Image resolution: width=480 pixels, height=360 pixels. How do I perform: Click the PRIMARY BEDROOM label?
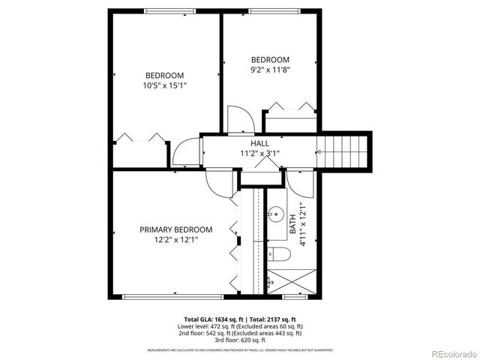point(175,229)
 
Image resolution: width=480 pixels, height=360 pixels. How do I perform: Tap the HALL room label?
point(259,142)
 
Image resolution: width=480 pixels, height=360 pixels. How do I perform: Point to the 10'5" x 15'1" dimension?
point(164,85)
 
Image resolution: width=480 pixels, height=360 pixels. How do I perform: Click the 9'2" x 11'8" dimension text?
point(269,70)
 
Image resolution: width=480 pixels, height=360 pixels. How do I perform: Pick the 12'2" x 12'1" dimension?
point(175,240)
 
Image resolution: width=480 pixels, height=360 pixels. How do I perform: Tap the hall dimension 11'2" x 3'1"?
point(259,153)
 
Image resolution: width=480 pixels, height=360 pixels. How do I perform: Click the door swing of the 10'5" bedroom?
point(183,154)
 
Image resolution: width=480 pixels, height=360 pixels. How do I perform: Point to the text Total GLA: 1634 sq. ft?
point(213,319)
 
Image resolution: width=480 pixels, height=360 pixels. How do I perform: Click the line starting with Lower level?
point(240,326)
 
